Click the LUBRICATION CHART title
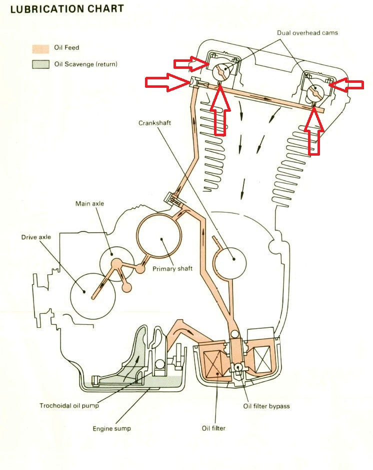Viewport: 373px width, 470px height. click(x=66, y=9)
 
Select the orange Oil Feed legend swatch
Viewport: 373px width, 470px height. click(x=40, y=48)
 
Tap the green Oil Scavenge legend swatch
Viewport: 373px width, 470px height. click(x=40, y=64)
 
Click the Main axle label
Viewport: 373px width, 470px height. click(x=89, y=204)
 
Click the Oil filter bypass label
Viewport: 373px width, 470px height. click(x=266, y=406)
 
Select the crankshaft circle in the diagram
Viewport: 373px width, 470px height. click(x=232, y=258)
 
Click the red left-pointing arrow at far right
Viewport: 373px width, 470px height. click(x=348, y=85)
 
